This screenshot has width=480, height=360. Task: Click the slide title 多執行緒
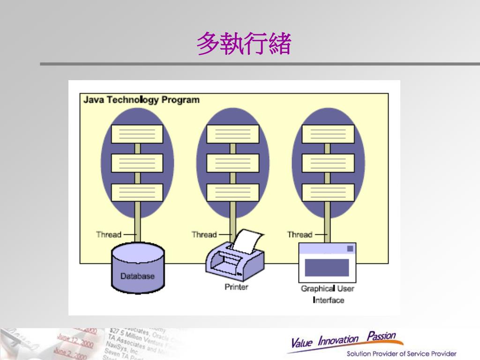[244, 45]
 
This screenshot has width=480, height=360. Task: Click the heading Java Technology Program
[141, 100]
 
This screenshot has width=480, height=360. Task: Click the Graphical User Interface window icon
[327, 262]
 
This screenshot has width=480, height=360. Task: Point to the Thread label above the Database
[109, 234]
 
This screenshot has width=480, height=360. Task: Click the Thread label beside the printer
[204, 234]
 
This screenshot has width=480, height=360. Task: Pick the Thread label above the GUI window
[300, 234]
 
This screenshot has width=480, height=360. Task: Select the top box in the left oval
[137, 134]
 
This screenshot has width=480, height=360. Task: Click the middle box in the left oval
[137, 163]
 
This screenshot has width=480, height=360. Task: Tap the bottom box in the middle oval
[232, 193]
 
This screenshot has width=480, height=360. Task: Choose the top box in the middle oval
[232, 134]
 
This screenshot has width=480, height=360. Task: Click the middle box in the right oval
[328, 163]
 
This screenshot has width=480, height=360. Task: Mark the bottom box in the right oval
[328, 193]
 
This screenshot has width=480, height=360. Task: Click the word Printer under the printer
[236, 287]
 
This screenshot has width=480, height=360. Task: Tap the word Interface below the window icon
[328, 300]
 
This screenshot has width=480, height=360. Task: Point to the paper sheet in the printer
[246, 240]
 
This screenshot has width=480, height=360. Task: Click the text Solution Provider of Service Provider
[401, 353]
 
